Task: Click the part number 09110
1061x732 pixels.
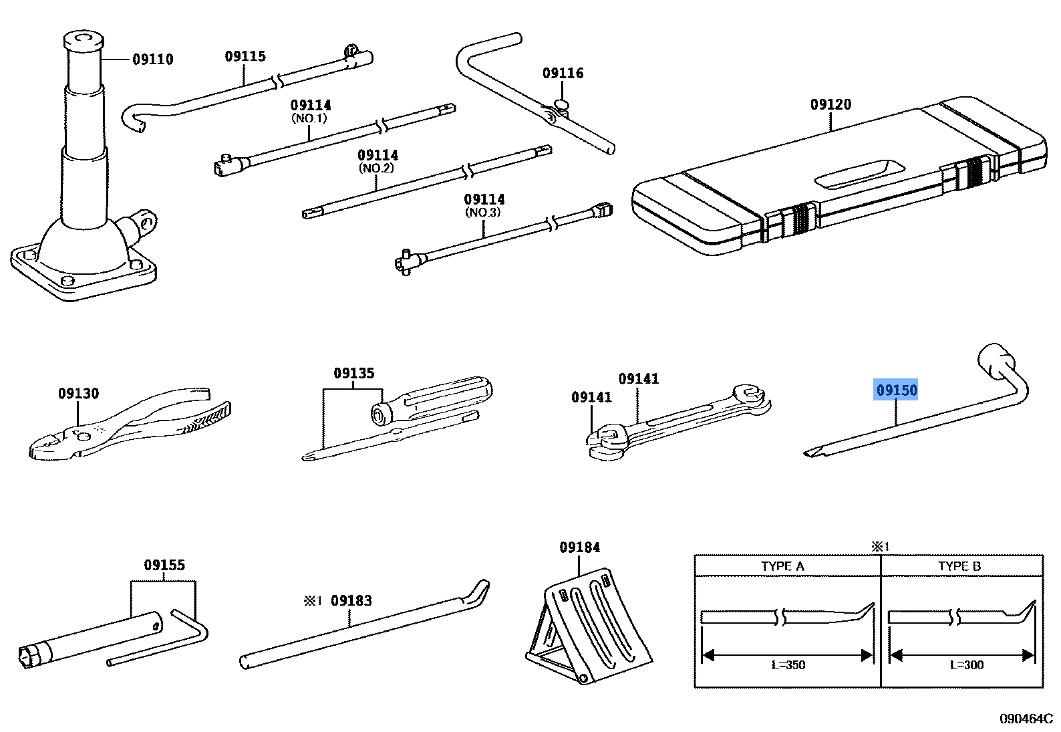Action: (152, 59)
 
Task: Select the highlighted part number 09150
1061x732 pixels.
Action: (897, 390)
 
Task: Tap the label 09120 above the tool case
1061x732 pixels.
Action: (830, 104)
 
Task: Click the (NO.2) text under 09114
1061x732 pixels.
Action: (377, 168)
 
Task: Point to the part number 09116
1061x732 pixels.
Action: (563, 74)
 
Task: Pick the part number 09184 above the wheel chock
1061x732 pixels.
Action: (579, 547)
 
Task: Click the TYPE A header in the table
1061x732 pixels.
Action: (782, 566)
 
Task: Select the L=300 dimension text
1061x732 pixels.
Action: (966, 664)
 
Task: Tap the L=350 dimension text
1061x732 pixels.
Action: (788, 664)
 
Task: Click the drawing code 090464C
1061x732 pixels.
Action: (1026, 719)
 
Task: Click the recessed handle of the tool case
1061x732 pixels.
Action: (859, 173)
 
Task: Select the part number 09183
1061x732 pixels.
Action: (351, 600)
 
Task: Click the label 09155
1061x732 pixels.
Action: (164, 566)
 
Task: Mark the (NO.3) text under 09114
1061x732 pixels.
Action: (483, 213)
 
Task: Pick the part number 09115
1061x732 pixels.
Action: (245, 56)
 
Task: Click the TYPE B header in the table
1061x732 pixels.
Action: (959, 566)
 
